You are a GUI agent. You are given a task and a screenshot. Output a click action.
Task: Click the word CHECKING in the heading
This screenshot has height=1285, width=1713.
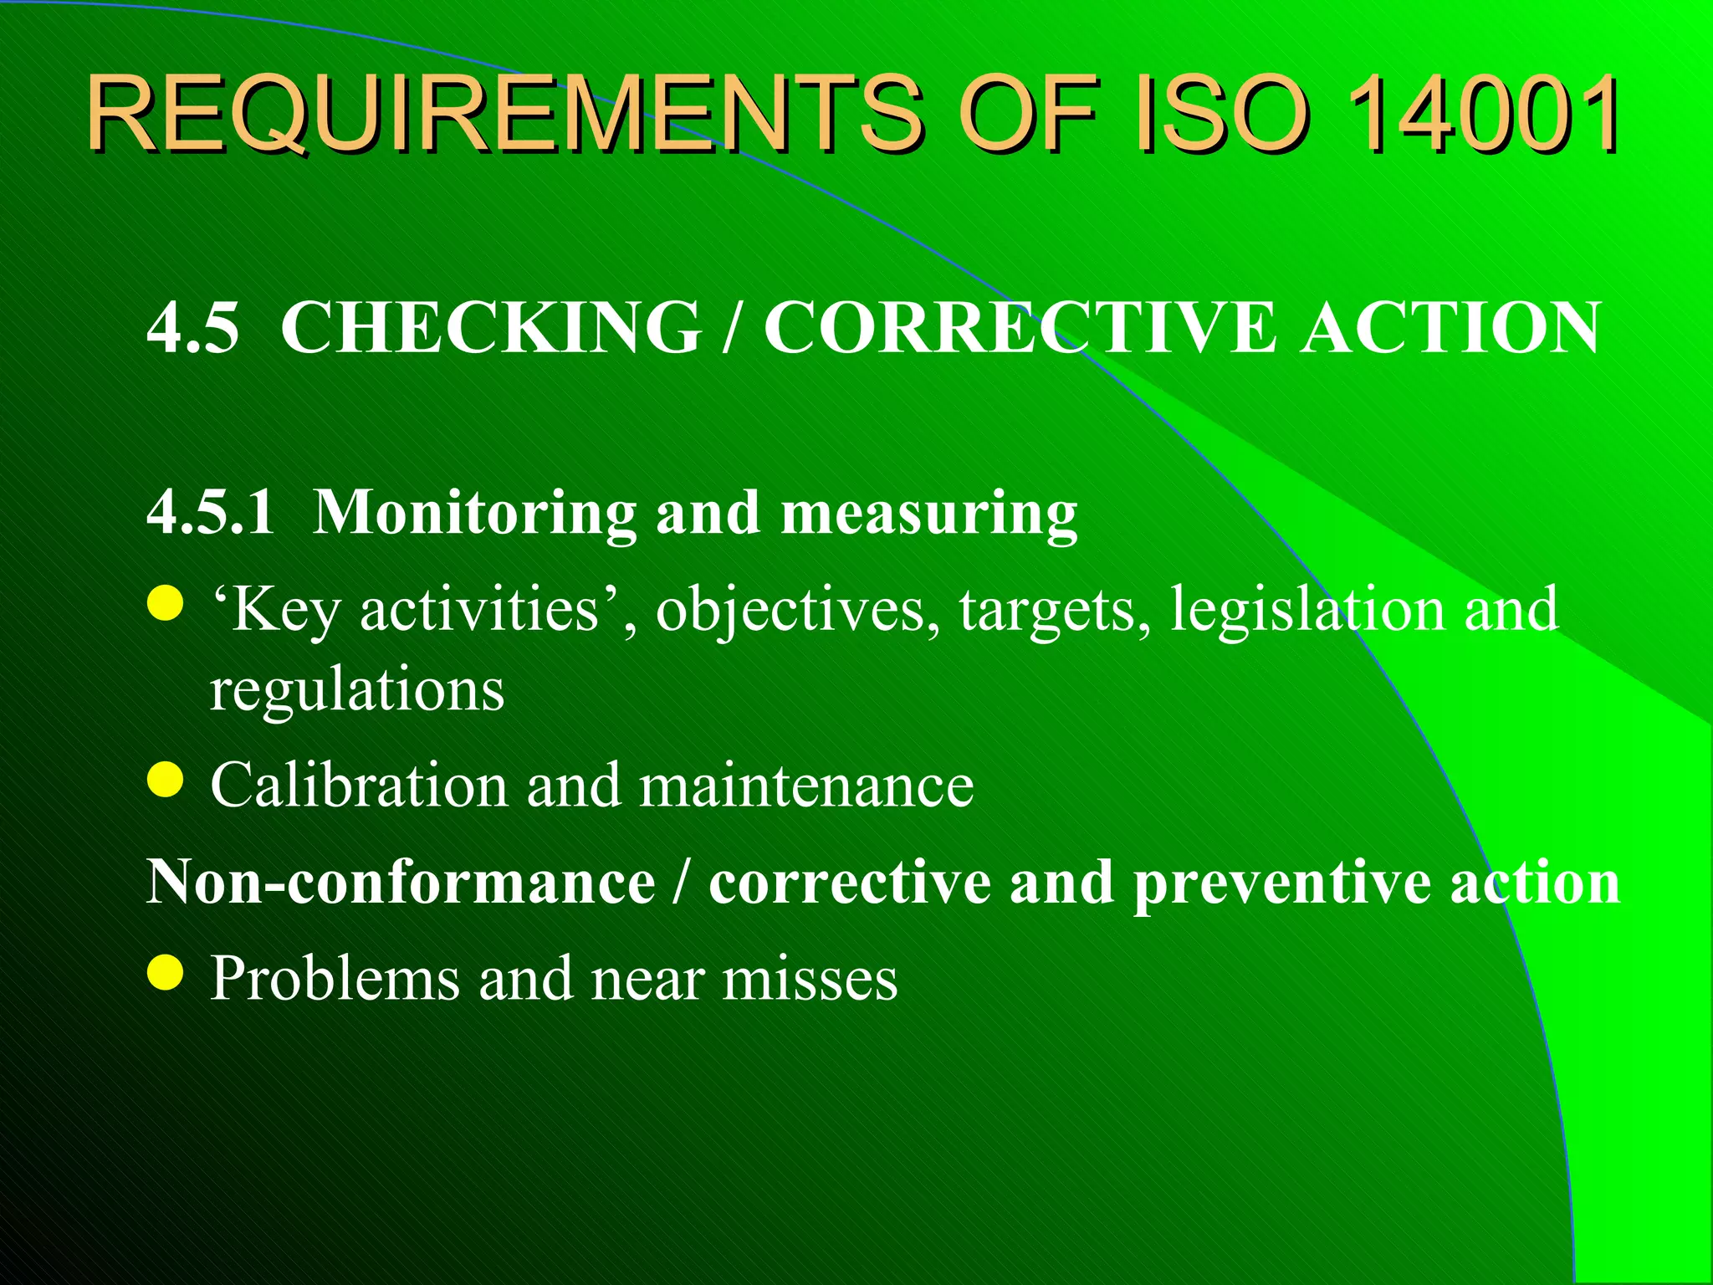[491, 328]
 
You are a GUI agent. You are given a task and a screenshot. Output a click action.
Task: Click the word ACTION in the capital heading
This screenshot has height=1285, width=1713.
[1450, 328]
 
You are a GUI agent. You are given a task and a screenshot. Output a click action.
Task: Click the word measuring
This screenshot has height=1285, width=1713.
[928, 512]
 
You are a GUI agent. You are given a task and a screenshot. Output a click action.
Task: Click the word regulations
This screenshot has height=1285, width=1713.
[357, 689]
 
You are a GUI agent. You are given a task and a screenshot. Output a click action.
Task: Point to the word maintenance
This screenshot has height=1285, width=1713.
[806, 786]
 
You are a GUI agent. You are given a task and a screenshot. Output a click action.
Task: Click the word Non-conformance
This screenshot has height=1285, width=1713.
[401, 882]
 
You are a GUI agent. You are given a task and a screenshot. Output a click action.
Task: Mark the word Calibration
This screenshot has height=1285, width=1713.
[359, 786]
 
